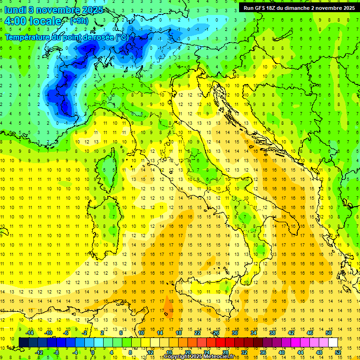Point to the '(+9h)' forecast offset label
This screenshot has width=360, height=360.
pyautogui.click(x=78, y=21)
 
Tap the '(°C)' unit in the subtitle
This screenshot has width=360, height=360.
pyautogui.click(x=121, y=37)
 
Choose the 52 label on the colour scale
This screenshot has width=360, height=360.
pyautogui.click(x=338, y=352)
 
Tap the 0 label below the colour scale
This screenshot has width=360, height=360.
pyautogui.click(x=93, y=352)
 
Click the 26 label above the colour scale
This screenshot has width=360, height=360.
pyautogui.click(x=216, y=333)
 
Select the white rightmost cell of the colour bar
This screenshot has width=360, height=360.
pyautogui.click(x=333, y=342)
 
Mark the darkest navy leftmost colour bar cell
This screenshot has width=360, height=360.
pyautogui.click(x=23, y=342)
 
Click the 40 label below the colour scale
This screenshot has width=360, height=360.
pyautogui.click(x=282, y=352)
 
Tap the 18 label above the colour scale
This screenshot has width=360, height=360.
pyautogui.click(x=179, y=333)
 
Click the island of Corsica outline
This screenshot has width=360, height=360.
pyautogui.click(x=109, y=164)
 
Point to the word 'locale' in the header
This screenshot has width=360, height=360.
pyautogui.click(x=45, y=21)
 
